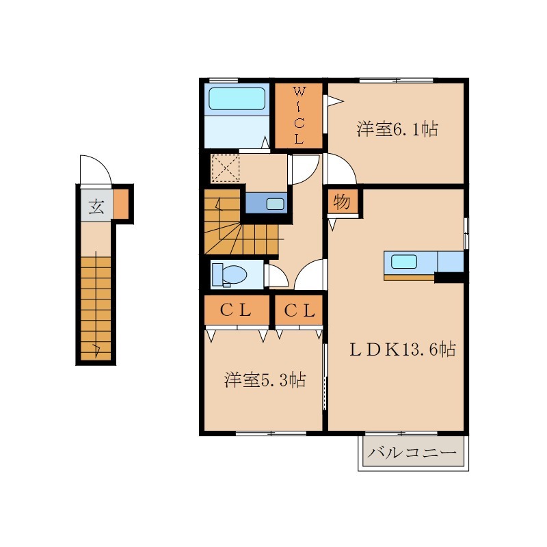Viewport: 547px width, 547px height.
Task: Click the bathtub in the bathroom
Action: tap(237, 98)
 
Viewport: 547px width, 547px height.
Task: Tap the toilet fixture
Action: tap(229, 275)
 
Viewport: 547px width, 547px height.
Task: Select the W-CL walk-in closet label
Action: tap(299, 116)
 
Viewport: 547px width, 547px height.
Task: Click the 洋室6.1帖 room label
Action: tap(397, 129)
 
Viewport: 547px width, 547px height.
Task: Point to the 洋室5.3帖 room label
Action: tap(265, 380)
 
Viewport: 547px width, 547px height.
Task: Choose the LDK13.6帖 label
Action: tap(403, 349)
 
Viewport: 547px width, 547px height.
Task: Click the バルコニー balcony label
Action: tap(412, 453)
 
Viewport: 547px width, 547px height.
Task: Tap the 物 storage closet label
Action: tap(341, 202)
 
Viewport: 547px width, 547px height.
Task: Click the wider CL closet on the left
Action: tap(237, 310)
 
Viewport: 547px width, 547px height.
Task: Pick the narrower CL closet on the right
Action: tap(299, 310)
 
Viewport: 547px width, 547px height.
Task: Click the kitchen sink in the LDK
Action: tap(404, 262)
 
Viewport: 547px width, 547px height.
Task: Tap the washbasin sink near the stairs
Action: tap(276, 204)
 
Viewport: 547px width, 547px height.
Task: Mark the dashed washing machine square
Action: tap(226, 168)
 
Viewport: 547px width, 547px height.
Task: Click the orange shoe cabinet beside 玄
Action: tap(121, 204)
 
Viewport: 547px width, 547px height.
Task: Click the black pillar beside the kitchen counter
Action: tap(449, 278)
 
